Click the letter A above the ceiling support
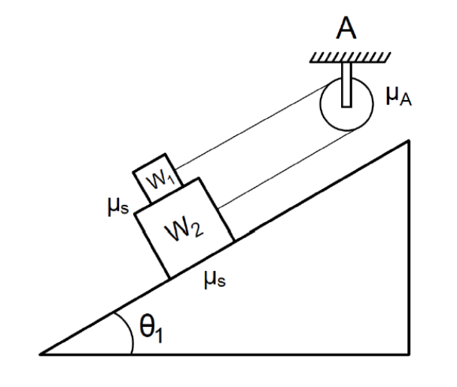pyautogui.click(x=346, y=31)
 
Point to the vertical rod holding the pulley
pyautogui.click(x=346, y=84)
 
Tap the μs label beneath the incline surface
pyautogui.click(x=215, y=281)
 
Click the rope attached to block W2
pyautogui.click(x=286, y=169)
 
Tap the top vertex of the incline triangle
pyautogui.click(x=407, y=140)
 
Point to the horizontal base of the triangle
pyautogui.click(x=226, y=352)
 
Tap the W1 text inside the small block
pyautogui.click(x=156, y=179)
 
